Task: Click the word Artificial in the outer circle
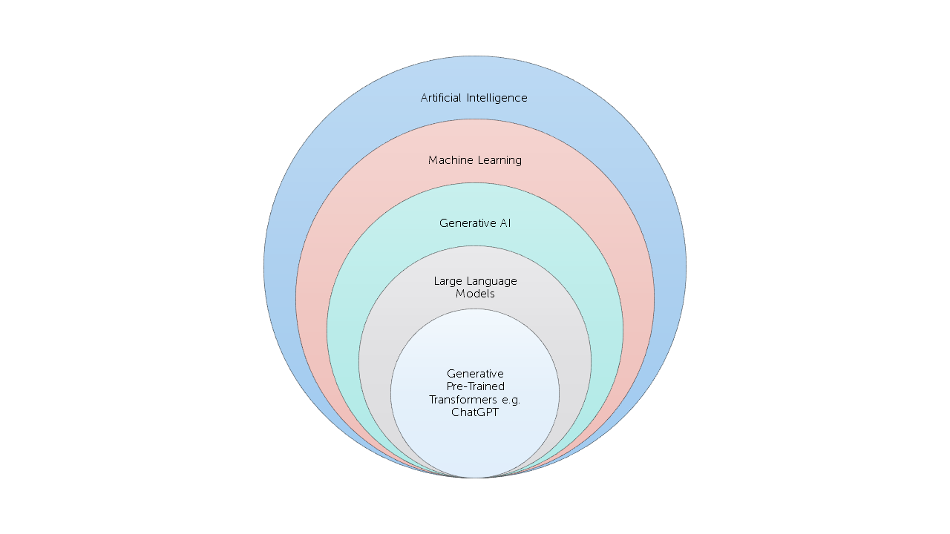pyautogui.click(x=440, y=98)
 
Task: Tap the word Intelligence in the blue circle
pyautogui.click(x=497, y=98)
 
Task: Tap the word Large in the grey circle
pyautogui.click(x=448, y=281)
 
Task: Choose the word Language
pyautogui.click(x=492, y=281)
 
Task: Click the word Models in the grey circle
pyautogui.click(x=475, y=294)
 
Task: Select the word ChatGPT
pyautogui.click(x=475, y=412)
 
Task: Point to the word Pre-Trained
pyautogui.click(x=475, y=386)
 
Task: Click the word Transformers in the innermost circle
pyautogui.click(x=463, y=400)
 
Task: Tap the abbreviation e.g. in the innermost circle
pyautogui.click(x=511, y=400)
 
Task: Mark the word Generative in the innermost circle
pyautogui.click(x=475, y=374)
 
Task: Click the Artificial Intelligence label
pyautogui.click(x=474, y=98)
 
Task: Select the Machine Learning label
pyautogui.click(x=475, y=160)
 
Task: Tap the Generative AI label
pyautogui.click(x=475, y=223)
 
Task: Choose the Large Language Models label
pyautogui.click(x=475, y=287)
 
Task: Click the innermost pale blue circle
pyautogui.click(x=475, y=445)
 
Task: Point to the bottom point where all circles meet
pyautogui.click(x=475, y=478)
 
